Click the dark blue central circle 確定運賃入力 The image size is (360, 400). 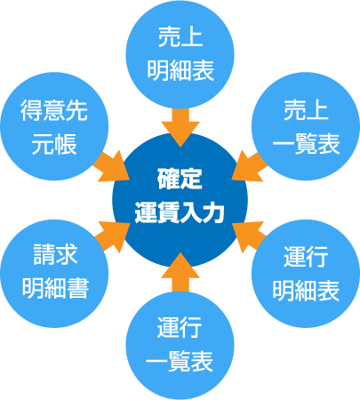[180, 200]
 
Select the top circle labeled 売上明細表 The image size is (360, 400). [180, 54]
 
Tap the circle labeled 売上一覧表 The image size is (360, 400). [306, 126]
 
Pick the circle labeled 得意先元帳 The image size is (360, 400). [54, 126]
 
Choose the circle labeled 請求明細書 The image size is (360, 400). [54, 274]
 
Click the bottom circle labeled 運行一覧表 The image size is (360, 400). [180, 346]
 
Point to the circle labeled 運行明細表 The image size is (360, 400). [306, 274]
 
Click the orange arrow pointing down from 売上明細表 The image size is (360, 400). [180, 127]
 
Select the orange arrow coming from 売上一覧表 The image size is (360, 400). [250, 166]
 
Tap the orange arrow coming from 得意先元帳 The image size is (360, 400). [111, 166]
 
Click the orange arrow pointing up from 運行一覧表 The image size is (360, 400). [180, 273]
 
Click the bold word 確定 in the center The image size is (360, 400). [180, 180]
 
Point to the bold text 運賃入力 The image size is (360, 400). [180, 213]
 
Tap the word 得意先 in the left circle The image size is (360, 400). [54, 110]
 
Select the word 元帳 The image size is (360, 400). [54, 144]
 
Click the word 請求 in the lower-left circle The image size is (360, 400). [55, 254]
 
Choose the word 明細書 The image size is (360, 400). [55, 288]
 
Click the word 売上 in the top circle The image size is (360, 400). [180, 36]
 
